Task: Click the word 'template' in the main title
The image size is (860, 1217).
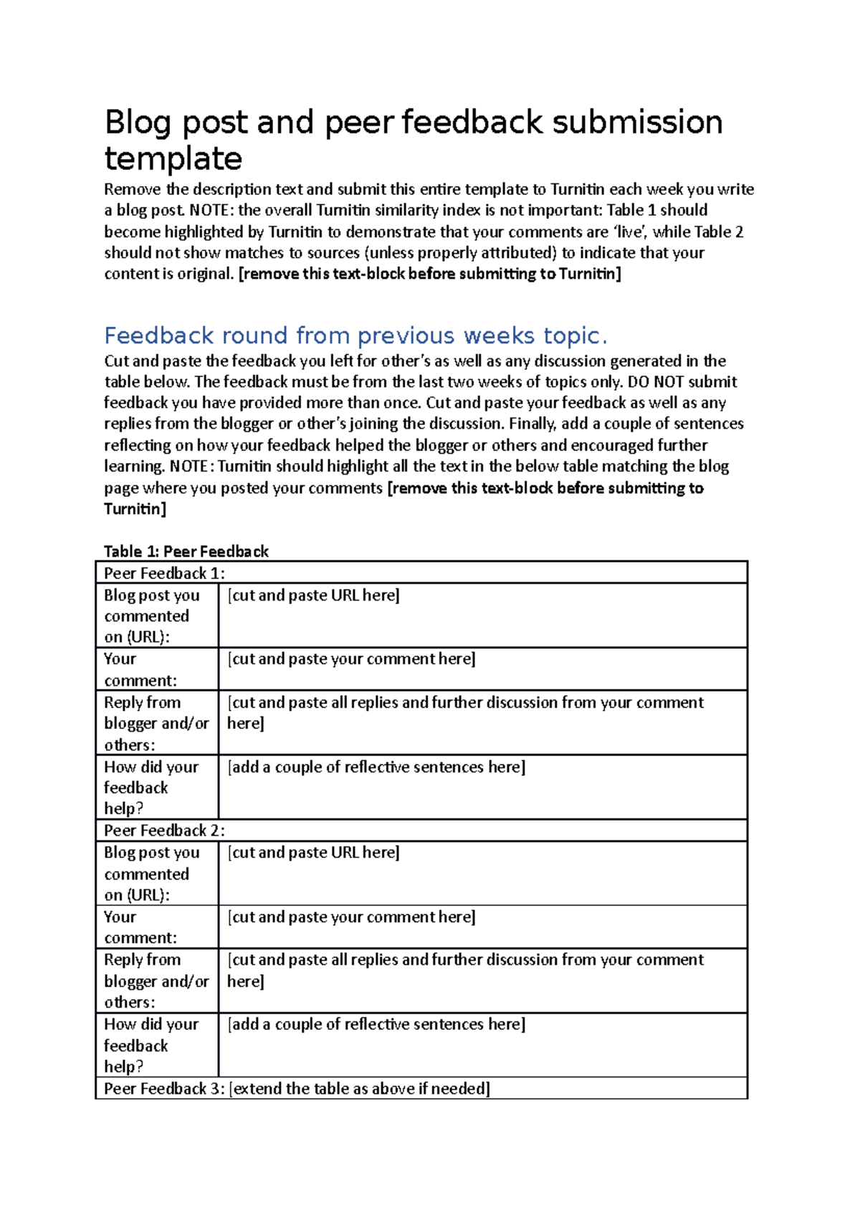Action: coord(173,158)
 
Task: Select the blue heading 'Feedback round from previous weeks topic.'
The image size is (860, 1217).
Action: coord(355,335)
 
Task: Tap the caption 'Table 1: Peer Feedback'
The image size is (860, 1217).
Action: coord(186,551)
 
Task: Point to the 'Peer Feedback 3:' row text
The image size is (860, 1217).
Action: coord(165,1088)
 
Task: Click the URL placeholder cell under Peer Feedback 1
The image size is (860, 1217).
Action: coord(314,595)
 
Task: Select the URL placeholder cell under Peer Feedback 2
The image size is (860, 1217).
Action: coord(314,852)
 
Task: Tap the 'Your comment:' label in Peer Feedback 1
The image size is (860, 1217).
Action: coord(140,669)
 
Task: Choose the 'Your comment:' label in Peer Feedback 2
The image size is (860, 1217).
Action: coord(140,927)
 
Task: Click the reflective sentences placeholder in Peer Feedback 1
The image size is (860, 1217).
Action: coord(377,767)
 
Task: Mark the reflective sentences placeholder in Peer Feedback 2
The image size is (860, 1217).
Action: coord(377,1024)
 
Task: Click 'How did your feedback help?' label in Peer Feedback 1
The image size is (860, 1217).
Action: coord(150,787)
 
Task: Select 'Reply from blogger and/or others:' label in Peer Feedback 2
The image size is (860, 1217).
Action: coord(156,980)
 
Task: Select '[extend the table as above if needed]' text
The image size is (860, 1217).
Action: coord(360,1088)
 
